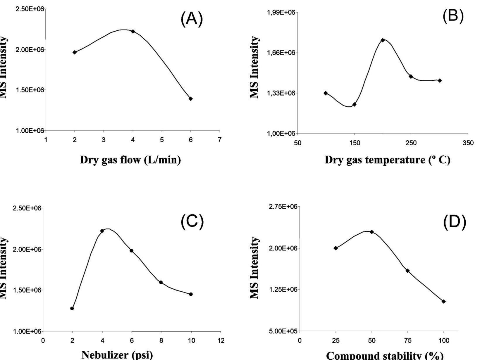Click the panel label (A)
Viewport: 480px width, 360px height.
[x=192, y=20]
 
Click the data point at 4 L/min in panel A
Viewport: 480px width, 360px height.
[x=133, y=31]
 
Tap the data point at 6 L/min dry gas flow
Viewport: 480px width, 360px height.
[x=191, y=99]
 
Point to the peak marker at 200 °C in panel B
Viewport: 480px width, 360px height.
[x=383, y=40]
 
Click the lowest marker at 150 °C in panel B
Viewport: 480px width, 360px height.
[x=355, y=104]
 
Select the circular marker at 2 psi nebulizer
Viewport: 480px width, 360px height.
[x=72, y=308]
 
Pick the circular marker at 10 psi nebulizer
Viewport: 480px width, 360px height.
[x=191, y=294]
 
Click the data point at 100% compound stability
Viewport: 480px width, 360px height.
[x=443, y=302]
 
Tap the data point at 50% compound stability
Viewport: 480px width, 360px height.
[x=372, y=232]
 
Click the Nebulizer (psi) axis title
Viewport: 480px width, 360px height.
[x=117, y=355]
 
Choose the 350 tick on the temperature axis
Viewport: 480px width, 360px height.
[x=468, y=143]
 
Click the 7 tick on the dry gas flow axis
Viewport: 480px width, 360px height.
[x=220, y=140]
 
